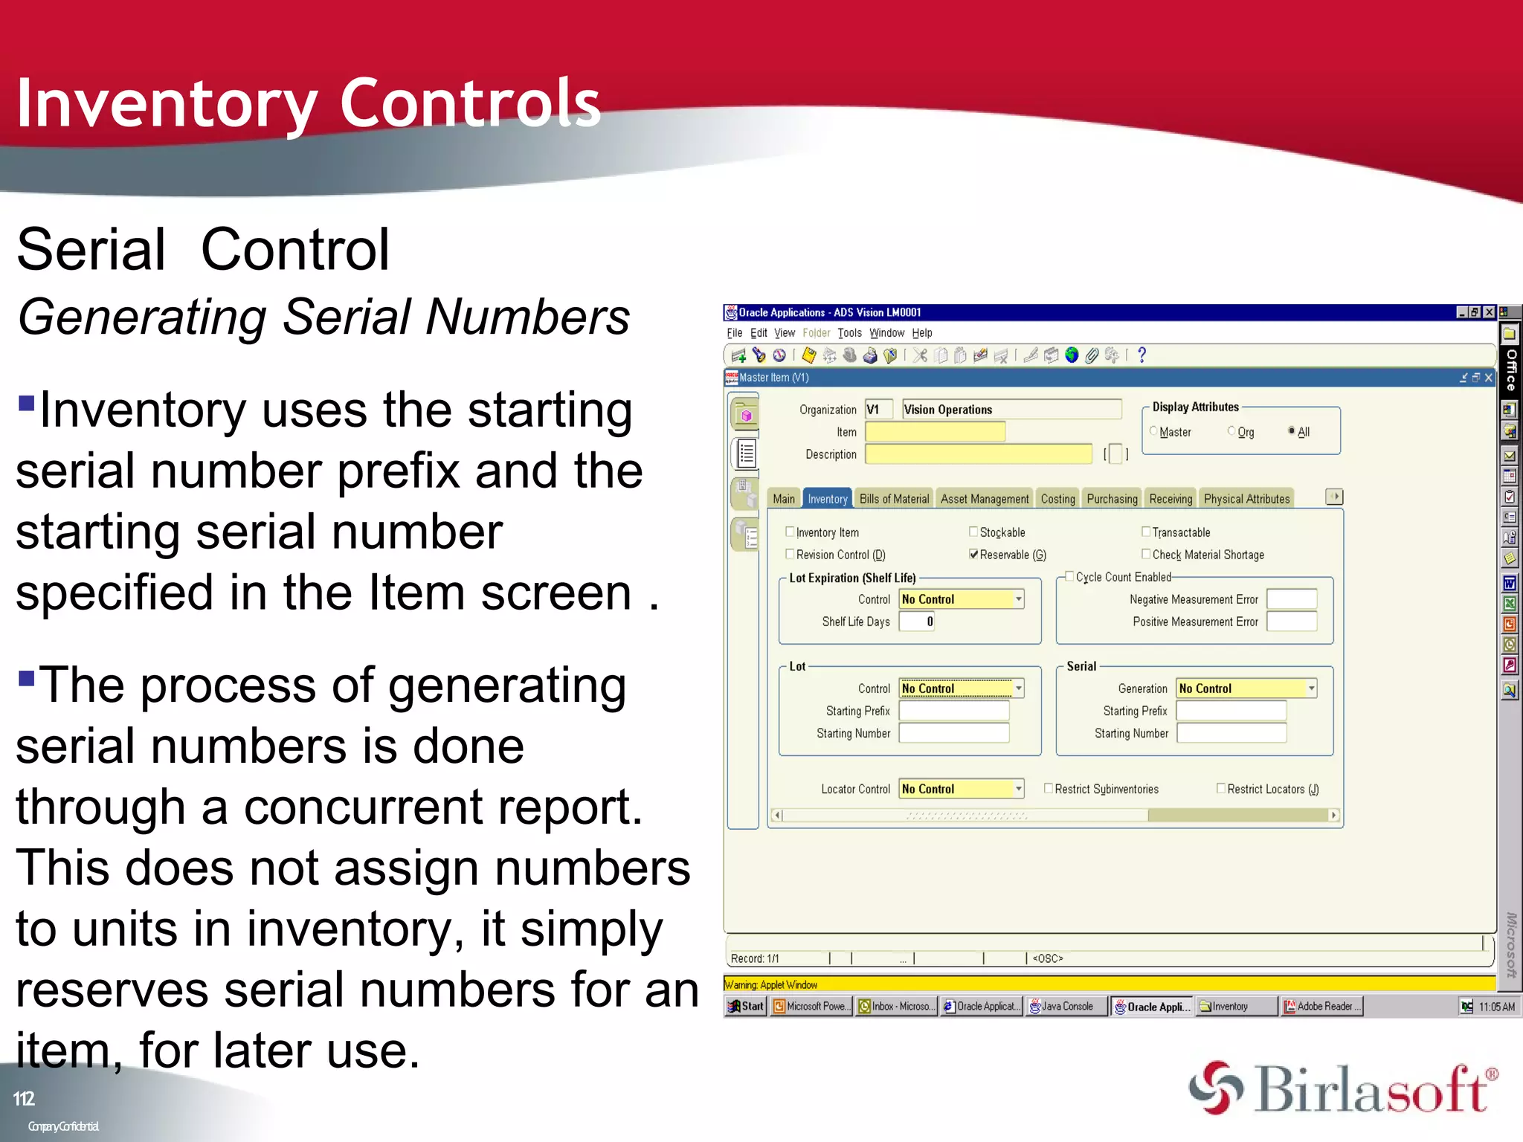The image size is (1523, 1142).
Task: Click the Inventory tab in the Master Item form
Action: pyautogui.click(x=827, y=499)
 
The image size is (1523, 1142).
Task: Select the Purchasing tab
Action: pyautogui.click(x=1112, y=499)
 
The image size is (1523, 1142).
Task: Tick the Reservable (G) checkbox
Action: pyautogui.click(x=973, y=554)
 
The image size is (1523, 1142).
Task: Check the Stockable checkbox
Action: pyautogui.click(x=973, y=532)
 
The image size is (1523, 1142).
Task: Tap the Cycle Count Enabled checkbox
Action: pyautogui.click(x=1069, y=576)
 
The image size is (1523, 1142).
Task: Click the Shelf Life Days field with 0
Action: pyautogui.click(x=916, y=622)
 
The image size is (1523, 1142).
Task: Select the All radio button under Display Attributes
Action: pyautogui.click(x=1292, y=430)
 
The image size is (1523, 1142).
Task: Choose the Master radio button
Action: pyautogui.click(x=1153, y=430)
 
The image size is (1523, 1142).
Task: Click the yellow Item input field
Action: pyautogui.click(x=935, y=432)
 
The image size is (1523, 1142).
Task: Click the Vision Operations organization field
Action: pyautogui.click(x=1011, y=410)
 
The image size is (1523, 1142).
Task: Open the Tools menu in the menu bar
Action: pyautogui.click(x=849, y=333)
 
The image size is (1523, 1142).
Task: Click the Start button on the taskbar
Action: pyautogui.click(x=746, y=1006)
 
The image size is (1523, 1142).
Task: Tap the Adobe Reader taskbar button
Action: pyautogui.click(x=1321, y=1006)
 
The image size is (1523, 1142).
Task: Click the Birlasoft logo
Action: pyautogui.click(x=1342, y=1089)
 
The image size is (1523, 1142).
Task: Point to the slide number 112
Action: pyautogui.click(x=24, y=1099)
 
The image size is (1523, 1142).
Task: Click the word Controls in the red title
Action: pyautogui.click(x=469, y=104)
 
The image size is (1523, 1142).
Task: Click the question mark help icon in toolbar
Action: pyautogui.click(x=1142, y=355)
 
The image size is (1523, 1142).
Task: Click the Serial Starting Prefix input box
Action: pyautogui.click(x=1231, y=711)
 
